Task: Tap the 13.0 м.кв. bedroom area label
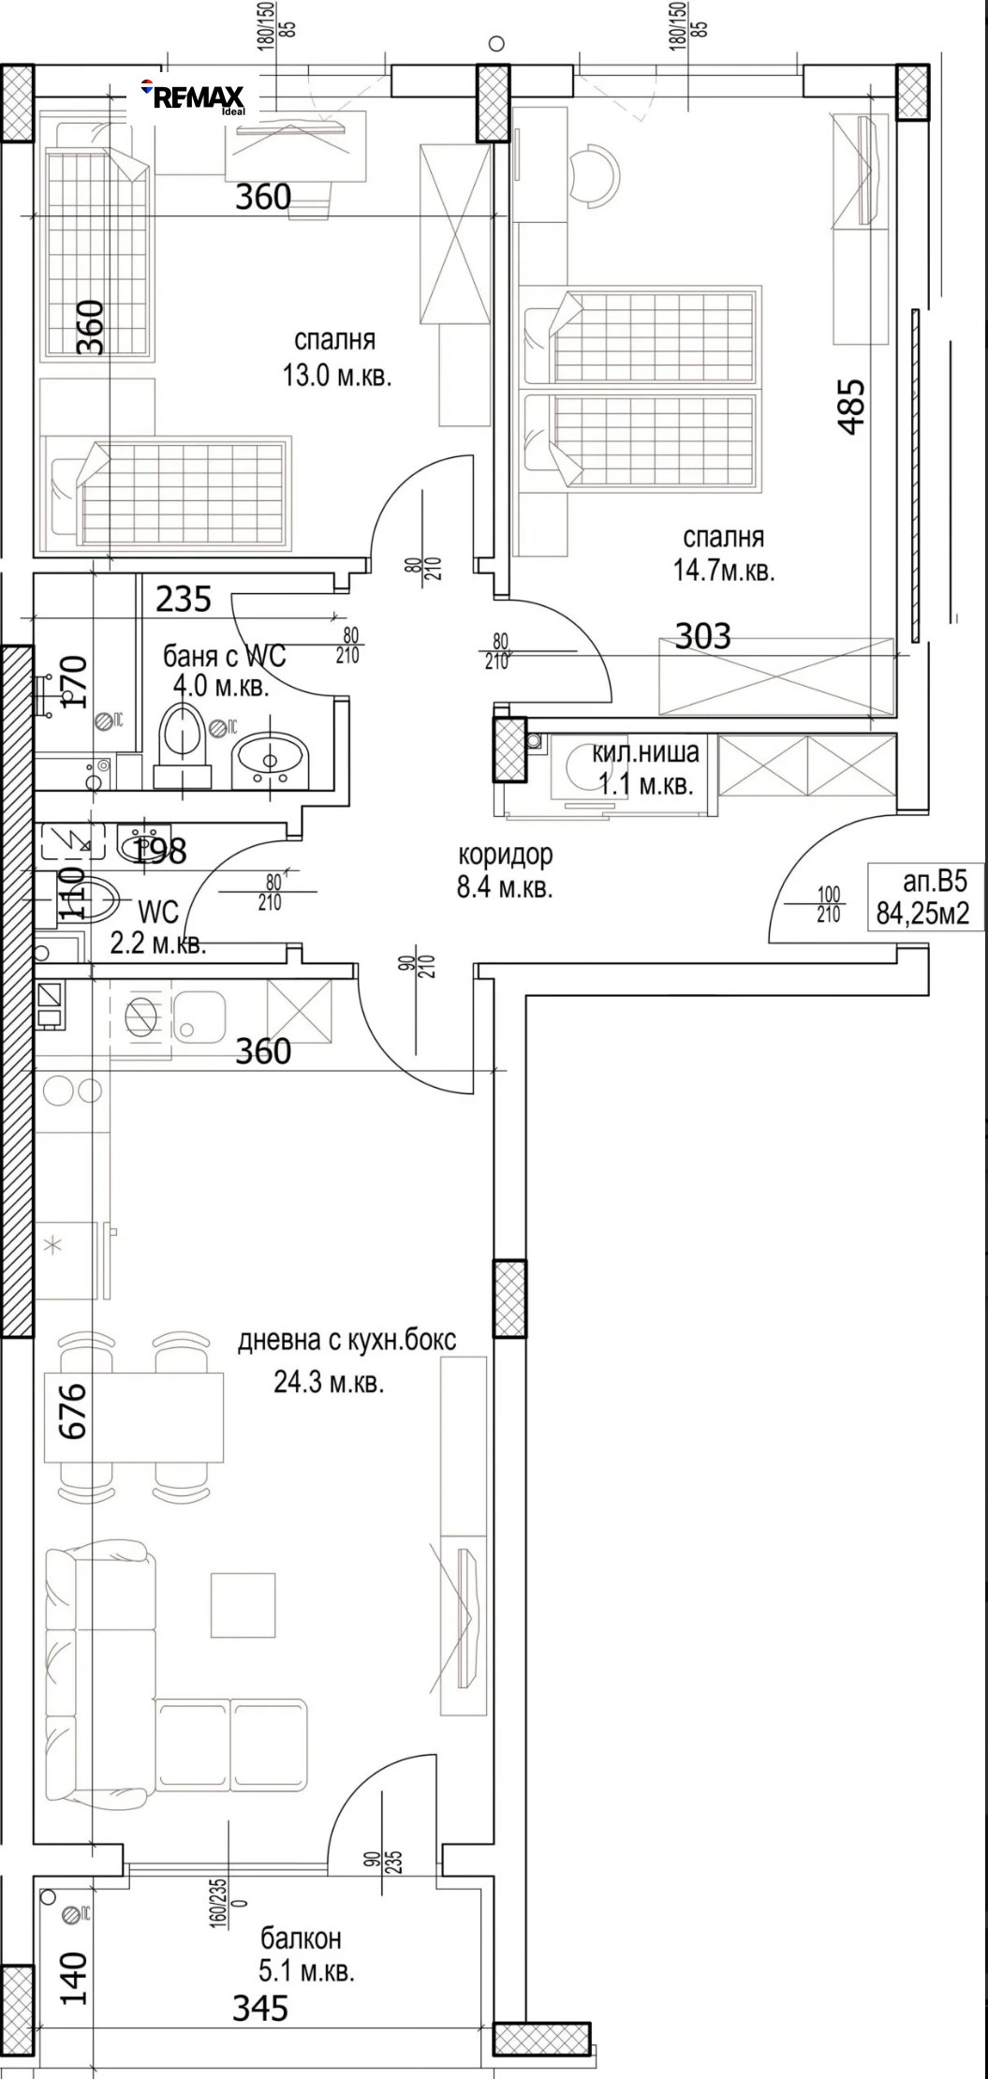(x=336, y=377)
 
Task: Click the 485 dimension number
(x=850, y=406)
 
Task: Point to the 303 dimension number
(x=702, y=636)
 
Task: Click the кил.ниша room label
(x=645, y=751)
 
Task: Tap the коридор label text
(x=505, y=854)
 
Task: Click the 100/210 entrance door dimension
(x=829, y=905)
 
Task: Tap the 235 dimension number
(x=183, y=599)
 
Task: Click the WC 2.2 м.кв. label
(x=157, y=928)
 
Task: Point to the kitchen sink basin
(x=199, y=1017)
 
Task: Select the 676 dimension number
(x=73, y=1410)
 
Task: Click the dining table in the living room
(x=135, y=1417)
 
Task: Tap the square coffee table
(x=243, y=1605)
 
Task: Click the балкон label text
(x=301, y=1938)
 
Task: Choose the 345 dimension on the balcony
(x=259, y=2008)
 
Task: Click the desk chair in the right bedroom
(x=593, y=174)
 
